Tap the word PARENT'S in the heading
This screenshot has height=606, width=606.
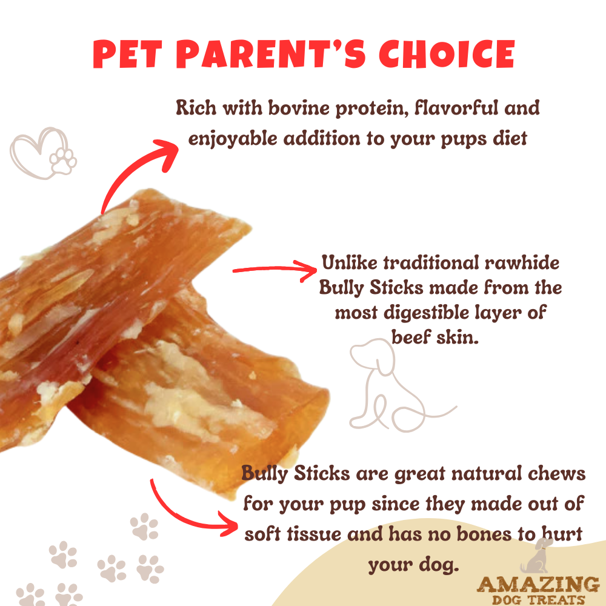pyautogui.click(x=264, y=55)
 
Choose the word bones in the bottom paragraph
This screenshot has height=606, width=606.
pyautogui.click(x=485, y=534)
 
